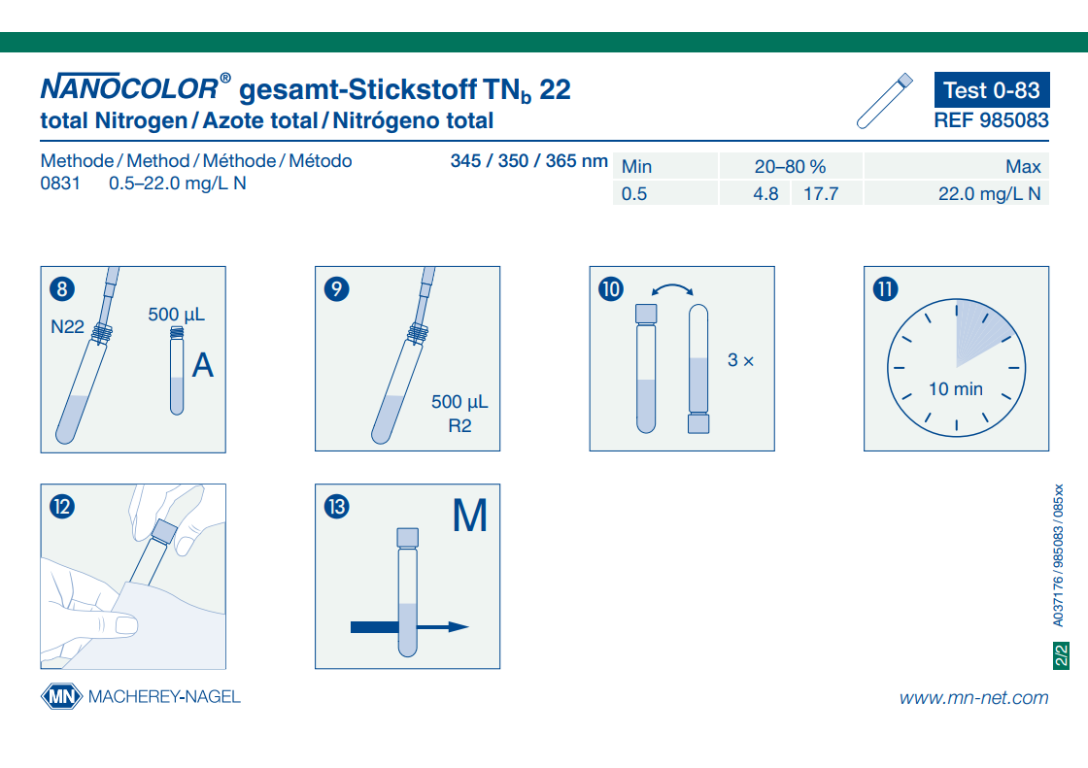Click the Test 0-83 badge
point(992,90)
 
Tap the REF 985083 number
point(992,120)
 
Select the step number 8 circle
point(61,288)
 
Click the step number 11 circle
point(885,288)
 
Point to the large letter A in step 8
point(203,365)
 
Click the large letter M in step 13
point(470,517)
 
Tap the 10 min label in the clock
point(956,389)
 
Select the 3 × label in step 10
point(740,360)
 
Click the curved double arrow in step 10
point(672,289)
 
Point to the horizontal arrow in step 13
point(409,627)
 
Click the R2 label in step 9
point(459,426)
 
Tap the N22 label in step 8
point(68,326)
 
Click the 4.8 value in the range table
point(765,194)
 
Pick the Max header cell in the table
point(1023,167)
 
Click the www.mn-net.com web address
point(973,697)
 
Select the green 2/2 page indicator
point(1061,655)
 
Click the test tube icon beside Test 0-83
point(885,101)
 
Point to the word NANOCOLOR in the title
point(129,90)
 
